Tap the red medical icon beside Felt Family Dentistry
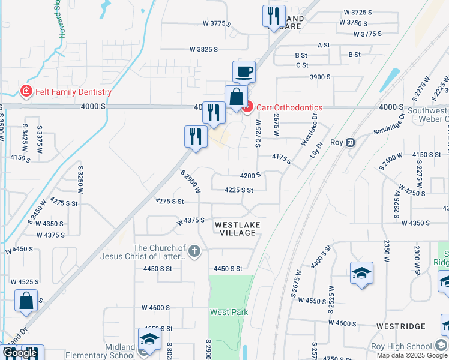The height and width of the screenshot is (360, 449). (26, 92)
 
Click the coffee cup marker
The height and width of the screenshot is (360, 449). (244, 73)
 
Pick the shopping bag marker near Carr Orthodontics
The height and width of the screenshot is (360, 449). (237, 97)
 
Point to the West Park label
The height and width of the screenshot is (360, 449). (229, 312)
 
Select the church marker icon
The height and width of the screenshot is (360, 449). (194, 251)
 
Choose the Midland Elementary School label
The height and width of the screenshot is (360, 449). (120, 351)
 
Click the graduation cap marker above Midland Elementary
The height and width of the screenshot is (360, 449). (150, 339)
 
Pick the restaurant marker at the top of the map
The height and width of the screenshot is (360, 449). (274, 16)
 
